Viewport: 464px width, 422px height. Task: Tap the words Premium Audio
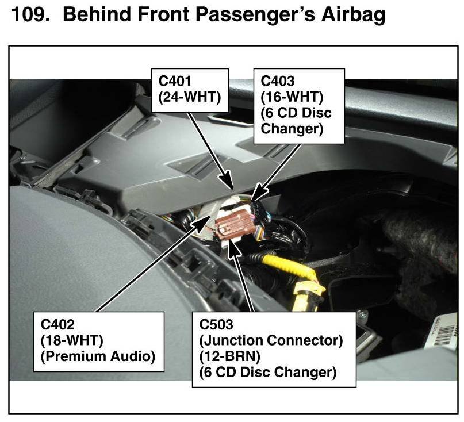click(x=98, y=356)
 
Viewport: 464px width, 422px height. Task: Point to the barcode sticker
click(x=443, y=336)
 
